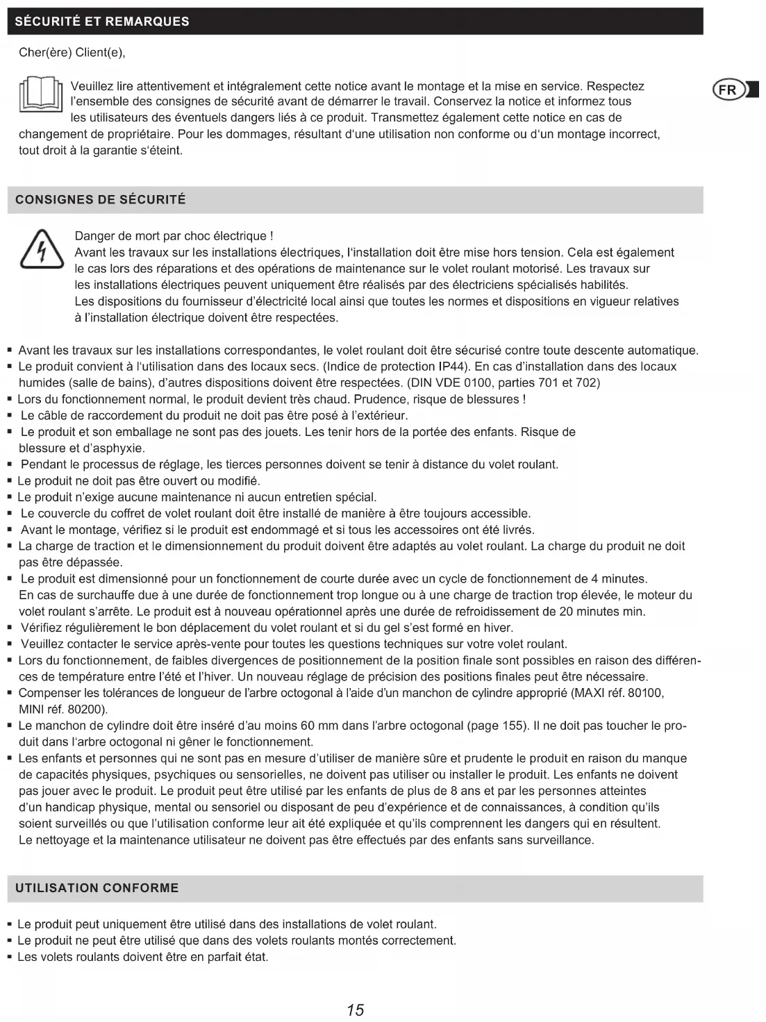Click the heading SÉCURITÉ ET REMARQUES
click(x=102, y=22)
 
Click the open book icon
click(x=40, y=97)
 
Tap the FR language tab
click(x=730, y=90)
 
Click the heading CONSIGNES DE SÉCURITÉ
click(x=101, y=200)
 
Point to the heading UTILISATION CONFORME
click(x=97, y=888)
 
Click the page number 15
click(x=355, y=1010)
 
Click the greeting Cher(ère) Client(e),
click(x=72, y=53)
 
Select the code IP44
click(x=453, y=367)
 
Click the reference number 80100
click(x=644, y=693)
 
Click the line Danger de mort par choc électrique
click(x=174, y=236)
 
